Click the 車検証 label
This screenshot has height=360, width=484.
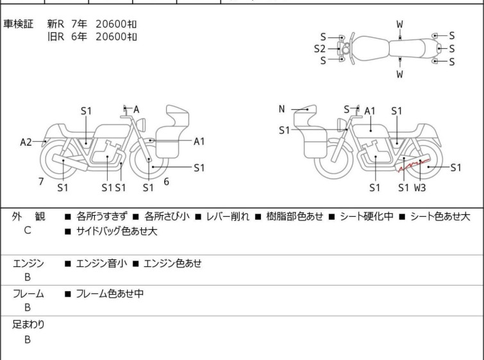(18, 24)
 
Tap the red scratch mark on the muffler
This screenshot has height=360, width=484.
(414, 165)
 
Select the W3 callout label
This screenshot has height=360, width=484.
(420, 187)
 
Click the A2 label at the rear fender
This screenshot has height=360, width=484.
(26, 142)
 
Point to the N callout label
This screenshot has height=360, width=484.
(281, 109)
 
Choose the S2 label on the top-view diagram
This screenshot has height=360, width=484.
(320, 49)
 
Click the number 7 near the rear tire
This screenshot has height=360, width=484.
(41, 182)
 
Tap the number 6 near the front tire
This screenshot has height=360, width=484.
(167, 182)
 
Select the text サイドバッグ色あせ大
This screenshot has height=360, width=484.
(117, 231)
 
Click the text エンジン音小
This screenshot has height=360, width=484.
(101, 263)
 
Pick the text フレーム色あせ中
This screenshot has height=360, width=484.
(110, 293)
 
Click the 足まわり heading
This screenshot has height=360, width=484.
(28, 324)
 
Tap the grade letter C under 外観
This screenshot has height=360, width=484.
(28, 230)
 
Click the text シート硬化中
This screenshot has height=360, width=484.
(367, 216)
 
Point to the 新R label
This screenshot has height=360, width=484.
(56, 24)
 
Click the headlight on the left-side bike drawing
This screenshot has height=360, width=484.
(141, 124)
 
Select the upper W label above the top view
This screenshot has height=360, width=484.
(400, 24)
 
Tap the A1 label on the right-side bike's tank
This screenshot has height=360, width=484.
(370, 111)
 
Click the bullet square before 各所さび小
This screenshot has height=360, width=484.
(135, 217)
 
